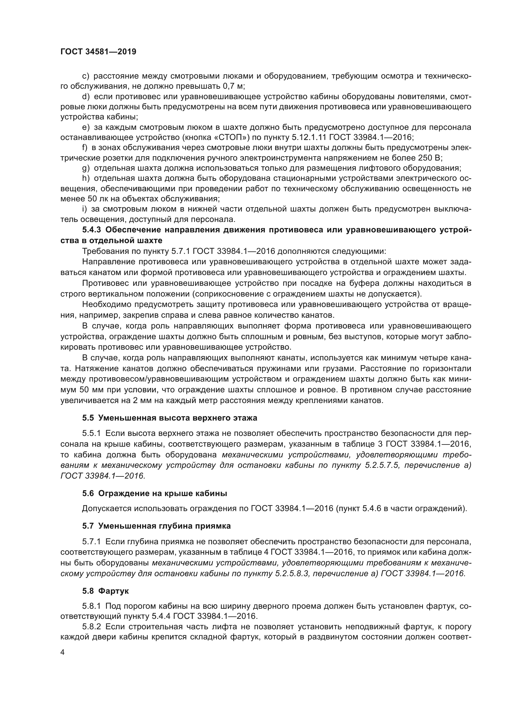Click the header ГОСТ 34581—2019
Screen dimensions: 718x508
click(98, 52)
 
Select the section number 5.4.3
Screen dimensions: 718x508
click(91, 230)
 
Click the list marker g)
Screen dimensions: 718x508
click(86, 169)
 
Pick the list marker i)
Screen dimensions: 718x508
click(84, 209)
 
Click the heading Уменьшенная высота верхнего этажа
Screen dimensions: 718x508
click(178, 418)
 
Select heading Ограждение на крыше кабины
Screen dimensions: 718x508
click(163, 494)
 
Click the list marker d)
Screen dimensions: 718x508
click(86, 97)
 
